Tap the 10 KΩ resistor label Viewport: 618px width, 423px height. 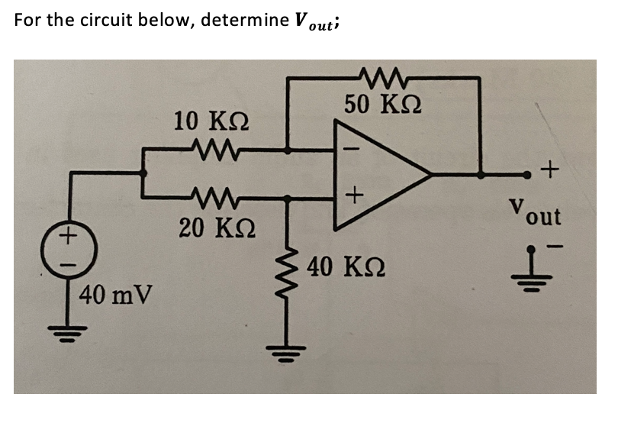[x=205, y=121]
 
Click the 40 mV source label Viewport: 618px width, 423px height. [x=115, y=293]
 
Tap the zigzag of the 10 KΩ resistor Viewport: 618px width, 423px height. [x=214, y=150]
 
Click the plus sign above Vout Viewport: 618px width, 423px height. [x=552, y=168]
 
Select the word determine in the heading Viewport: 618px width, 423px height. [x=241, y=20]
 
